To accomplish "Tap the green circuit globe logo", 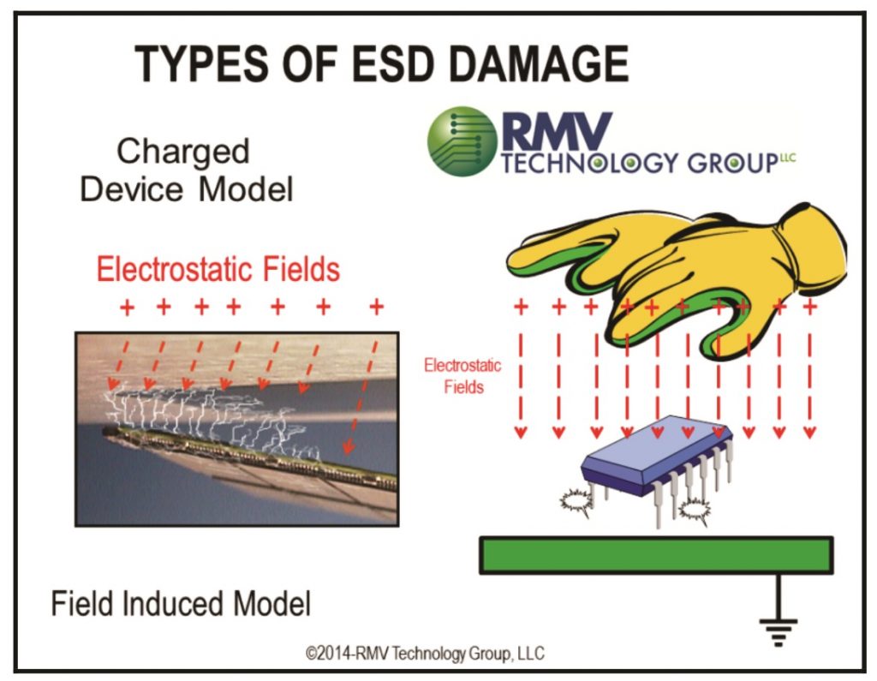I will (462, 140).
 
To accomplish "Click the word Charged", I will (183, 152).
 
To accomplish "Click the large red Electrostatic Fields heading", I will (218, 270).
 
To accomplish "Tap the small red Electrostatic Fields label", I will (462, 376).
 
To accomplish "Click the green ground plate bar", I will (656, 554).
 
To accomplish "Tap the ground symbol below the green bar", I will (778, 630).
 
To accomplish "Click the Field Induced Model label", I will (181, 604).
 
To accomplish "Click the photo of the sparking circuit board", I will (236, 428).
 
